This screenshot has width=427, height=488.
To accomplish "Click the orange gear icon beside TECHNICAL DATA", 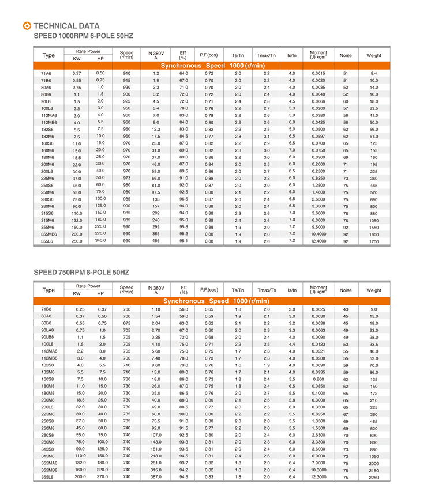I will coord(27,26).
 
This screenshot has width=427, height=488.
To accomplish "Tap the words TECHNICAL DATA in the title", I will coord(66,26).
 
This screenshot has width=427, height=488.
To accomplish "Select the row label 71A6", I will coord(46,74).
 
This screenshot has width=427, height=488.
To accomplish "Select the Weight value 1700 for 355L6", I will coord(374,242).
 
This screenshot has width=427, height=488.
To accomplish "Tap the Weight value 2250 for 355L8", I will coord(374,477).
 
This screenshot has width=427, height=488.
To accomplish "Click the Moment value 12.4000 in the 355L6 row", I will coord(319,242).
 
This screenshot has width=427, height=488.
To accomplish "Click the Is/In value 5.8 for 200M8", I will coord(292,400).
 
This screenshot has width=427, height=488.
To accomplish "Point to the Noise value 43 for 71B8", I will coord(346,309).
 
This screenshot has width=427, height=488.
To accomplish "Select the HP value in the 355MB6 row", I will coord(100,234).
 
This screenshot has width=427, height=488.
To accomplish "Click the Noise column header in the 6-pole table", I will coord(346,55).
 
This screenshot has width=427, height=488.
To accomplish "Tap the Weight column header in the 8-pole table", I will coord(374,290).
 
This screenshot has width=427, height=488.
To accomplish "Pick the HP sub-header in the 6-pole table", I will coord(100,59).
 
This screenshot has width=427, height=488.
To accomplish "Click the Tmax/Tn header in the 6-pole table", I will coord(267,55).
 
